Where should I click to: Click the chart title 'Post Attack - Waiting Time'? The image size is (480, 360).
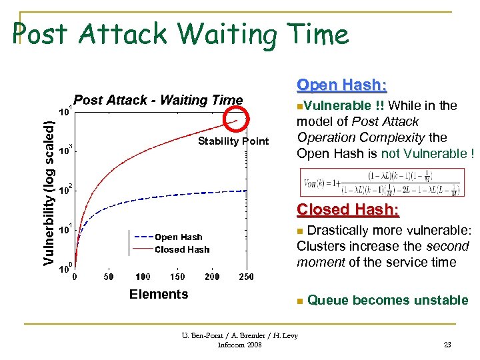(x=158, y=100)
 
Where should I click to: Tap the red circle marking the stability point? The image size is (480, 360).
(x=236, y=120)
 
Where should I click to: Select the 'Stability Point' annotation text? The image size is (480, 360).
(x=233, y=141)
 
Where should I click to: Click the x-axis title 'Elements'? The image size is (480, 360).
(x=159, y=294)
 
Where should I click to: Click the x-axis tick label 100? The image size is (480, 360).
(x=143, y=277)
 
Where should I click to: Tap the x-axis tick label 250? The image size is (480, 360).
(x=246, y=277)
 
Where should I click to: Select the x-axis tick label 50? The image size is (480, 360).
(x=108, y=277)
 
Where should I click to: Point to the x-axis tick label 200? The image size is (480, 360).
(x=212, y=277)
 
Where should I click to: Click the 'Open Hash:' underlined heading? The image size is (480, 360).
(x=342, y=85)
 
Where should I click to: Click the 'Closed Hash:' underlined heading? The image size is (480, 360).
(x=348, y=209)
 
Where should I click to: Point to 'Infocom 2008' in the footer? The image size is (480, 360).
(x=240, y=345)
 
